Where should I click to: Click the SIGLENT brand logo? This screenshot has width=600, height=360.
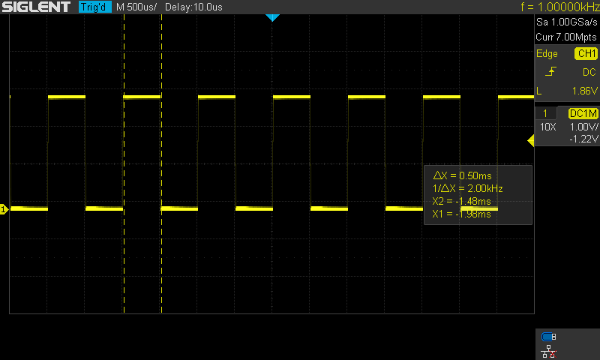(36, 7)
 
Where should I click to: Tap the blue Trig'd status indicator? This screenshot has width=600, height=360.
(95, 7)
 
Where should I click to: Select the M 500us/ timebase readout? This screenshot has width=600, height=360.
(136, 7)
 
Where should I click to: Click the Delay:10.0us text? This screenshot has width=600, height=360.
(193, 7)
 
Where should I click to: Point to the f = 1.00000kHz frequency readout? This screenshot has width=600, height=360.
(559, 7)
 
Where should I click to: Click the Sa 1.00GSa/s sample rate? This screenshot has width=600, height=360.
(566, 22)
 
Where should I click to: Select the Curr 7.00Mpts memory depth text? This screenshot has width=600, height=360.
(566, 37)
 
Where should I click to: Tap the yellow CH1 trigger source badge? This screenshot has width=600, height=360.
(586, 53)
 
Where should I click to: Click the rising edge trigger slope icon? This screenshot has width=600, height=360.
(550, 71)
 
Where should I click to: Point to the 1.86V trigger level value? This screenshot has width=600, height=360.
(584, 91)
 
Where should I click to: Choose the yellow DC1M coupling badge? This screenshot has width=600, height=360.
(583, 113)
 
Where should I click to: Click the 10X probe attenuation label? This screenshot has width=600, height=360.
(548, 127)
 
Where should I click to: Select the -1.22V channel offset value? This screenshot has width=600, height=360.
(583, 139)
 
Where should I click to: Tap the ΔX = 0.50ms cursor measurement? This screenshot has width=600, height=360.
(462, 175)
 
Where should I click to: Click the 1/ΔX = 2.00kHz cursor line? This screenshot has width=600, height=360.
(467, 188)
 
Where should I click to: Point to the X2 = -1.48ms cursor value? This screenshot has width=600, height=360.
(461, 201)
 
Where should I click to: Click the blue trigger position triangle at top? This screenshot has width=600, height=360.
(272, 17)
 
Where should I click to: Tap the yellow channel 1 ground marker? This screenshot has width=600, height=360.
(4, 209)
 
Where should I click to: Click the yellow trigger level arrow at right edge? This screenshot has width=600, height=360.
(531, 140)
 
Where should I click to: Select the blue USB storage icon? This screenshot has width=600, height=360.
(548, 337)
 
